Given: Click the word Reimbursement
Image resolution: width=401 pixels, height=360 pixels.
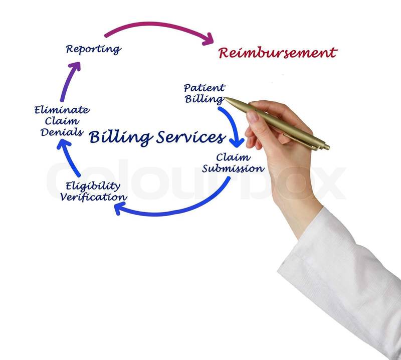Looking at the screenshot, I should click(278, 53).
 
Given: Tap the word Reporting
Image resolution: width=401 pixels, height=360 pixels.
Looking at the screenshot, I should click(93, 49).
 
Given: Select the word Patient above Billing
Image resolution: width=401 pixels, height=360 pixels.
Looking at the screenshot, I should click(204, 89).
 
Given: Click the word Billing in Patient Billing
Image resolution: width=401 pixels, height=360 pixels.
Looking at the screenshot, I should click(204, 99).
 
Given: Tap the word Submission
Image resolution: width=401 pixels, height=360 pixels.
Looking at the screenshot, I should click(233, 168).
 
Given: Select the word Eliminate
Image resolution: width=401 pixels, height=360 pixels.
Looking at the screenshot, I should click(62, 110).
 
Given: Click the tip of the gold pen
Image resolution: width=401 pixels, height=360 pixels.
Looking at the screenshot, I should click(226, 99).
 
